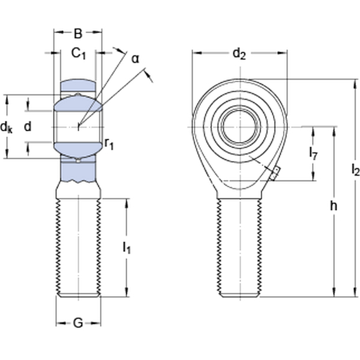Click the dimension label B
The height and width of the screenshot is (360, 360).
[x=78, y=34]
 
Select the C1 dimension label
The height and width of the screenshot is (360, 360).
[x=79, y=54]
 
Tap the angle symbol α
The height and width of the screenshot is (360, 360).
[x=135, y=58]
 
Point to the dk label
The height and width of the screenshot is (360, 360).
[x=7, y=127]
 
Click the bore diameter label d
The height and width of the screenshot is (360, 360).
[x=27, y=127]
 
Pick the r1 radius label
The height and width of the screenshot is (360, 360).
[x=109, y=143]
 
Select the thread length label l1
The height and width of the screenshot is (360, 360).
[x=127, y=247]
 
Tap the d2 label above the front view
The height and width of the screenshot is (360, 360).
[x=239, y=55]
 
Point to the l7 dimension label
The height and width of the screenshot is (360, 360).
[x=313, y=154]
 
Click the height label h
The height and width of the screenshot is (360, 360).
[x=334, y=206]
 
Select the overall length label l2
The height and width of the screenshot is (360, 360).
[x=355, y=170]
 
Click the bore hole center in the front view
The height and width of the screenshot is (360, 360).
[x=239, y=127]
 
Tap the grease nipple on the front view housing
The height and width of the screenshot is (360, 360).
[x=273, y=174]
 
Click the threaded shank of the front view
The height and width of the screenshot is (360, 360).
[x=239, y=246]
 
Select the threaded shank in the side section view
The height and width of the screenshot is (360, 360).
[x=78, y=246]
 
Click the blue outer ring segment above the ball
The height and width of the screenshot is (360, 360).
[x=78, y=85]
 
